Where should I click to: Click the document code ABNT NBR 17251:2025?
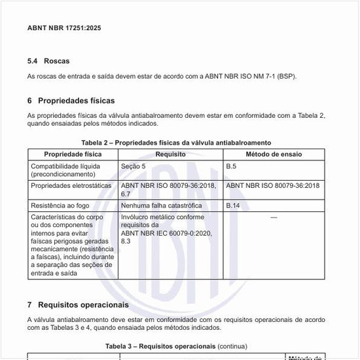pos(64,28)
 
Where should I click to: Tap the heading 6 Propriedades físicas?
pos(71,101)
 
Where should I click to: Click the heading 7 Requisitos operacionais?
pos(78,305)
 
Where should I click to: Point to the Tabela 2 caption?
pos(176,143)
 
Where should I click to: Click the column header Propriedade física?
pos(73,154)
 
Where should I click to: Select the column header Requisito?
pos(170,154)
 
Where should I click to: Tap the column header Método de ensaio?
pos(274,154)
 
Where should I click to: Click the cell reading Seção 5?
pos(134,166)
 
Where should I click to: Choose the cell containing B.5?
pos(231,166)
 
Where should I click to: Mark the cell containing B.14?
pos(232,206)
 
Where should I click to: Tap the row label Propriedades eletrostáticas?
pos(72,186)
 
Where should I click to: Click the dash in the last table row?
pos(274,217)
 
